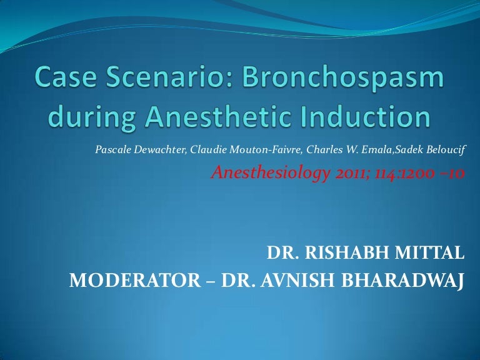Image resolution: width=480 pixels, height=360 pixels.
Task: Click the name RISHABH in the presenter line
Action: coord(352,253)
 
